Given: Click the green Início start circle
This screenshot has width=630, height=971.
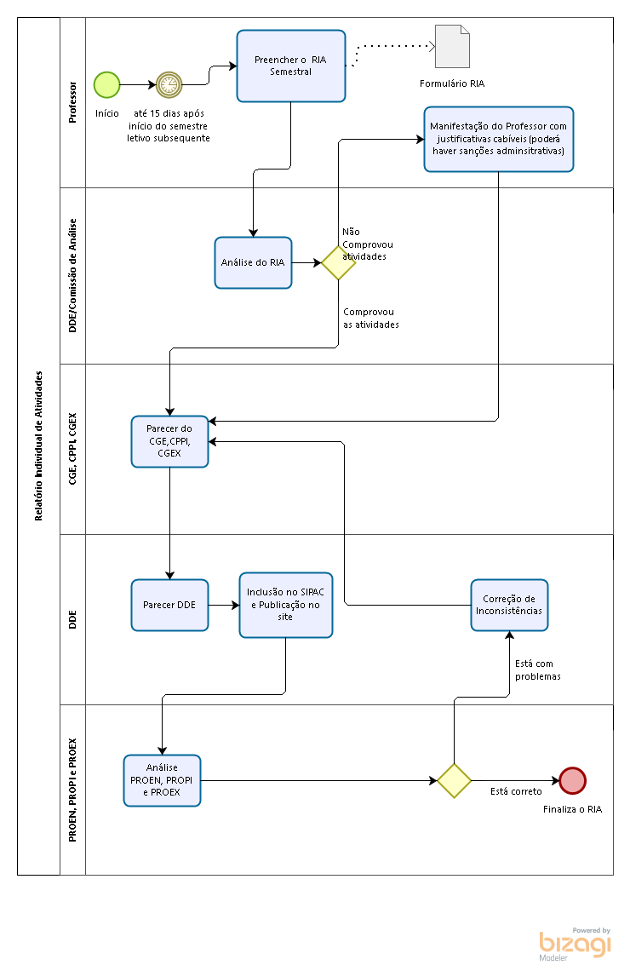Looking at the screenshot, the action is click(x=106, y=85).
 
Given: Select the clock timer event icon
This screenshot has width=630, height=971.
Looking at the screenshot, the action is click(x=169, y=85).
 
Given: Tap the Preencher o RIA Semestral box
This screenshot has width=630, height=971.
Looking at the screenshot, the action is click(x=291, y=66).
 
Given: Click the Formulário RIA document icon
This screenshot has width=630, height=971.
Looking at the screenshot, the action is click(x=452, y=47).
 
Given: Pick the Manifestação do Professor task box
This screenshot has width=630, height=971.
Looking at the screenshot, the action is click(x=499, y=140).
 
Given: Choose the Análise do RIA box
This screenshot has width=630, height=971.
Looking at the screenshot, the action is click(x=253, y=262).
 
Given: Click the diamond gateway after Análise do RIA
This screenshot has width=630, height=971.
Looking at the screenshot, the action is click(x=339, y=262).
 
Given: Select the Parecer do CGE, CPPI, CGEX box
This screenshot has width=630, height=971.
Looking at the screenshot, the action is click(x=169, y=441).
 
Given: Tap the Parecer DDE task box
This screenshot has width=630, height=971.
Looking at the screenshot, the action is click(x=169, y=605).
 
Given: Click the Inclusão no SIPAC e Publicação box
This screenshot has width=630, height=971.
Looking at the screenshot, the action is click(x=286, y=605).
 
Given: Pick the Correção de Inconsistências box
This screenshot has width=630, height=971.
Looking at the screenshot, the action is click(x=509, y=605).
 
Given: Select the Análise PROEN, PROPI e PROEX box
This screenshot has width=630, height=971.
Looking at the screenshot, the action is click(x=162, y=780).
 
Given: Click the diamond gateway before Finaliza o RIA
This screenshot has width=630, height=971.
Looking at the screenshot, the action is click(x=455, y=780).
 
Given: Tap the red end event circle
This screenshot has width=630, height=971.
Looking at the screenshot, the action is click(x=572, y=780).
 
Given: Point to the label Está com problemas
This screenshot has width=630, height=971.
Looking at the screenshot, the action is click(x=538, y=670).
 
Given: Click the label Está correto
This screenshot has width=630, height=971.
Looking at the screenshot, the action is click(x=516, y=791).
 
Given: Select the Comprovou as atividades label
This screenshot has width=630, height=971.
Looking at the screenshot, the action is click(x=371, y=319).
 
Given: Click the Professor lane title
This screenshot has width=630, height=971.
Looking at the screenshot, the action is click(x=72, y=102).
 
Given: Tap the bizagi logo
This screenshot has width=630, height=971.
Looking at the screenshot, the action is click(x=575, y=944).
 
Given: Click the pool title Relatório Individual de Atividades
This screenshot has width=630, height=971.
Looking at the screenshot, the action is click(x=38, y=445).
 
